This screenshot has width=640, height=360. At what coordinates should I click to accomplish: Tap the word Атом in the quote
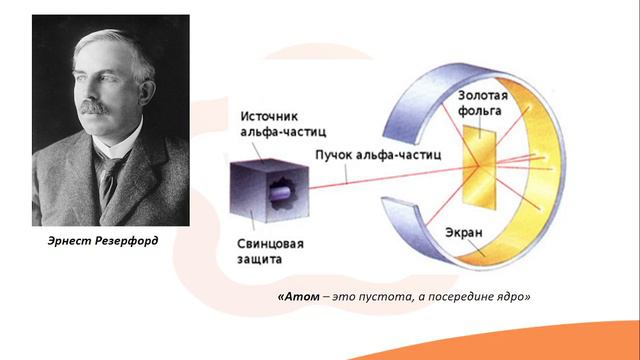coord(299,298)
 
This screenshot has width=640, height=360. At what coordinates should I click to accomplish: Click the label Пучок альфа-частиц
coord(372,156)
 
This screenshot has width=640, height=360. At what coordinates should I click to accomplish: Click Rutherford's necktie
coord(107,176)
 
